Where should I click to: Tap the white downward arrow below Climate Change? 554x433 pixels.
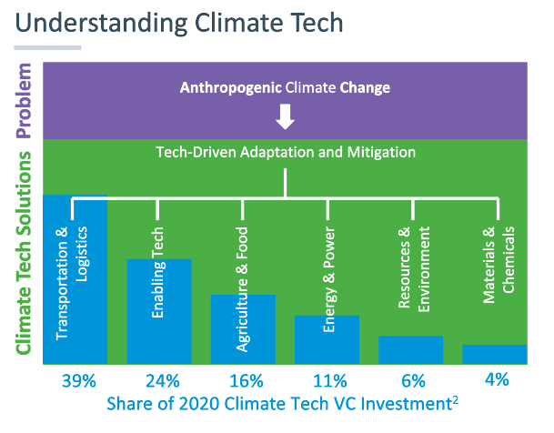tap(286, 116)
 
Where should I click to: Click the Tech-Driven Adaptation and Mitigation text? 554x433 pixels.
tap(286, 154)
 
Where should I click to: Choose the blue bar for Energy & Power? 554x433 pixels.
tap(327, 340)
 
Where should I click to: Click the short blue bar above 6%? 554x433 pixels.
tap(410, 350)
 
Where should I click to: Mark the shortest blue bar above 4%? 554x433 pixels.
tap(494, 355)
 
